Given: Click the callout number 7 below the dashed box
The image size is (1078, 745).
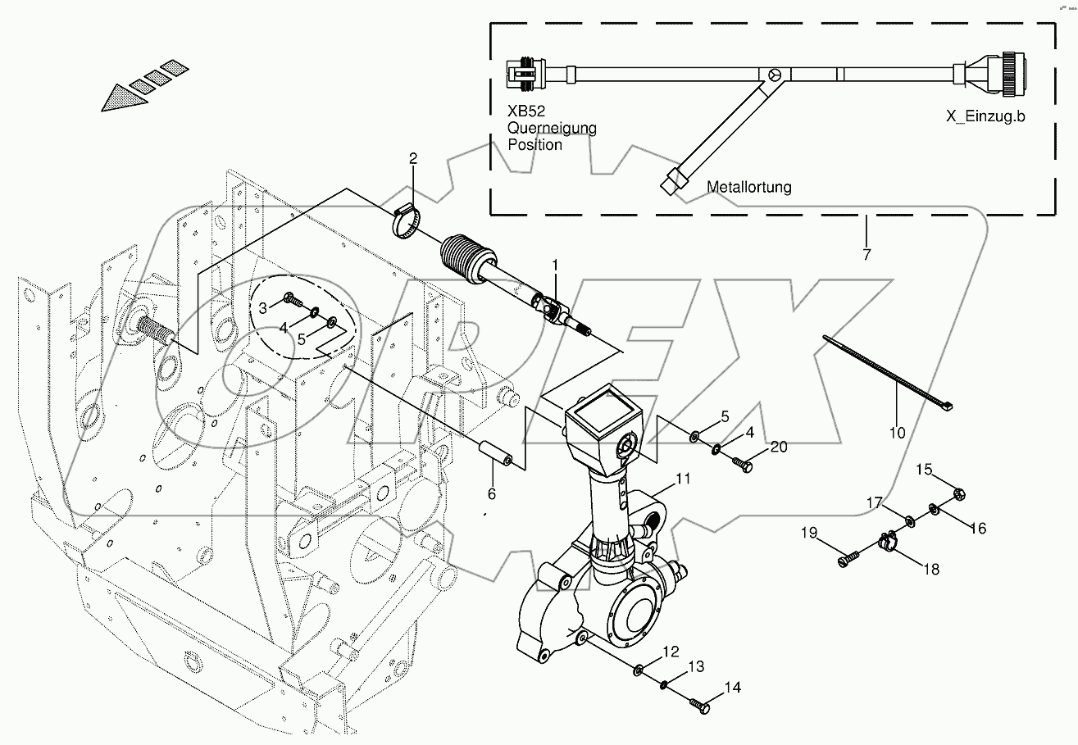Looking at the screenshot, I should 866,254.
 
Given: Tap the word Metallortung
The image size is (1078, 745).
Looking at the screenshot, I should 749,187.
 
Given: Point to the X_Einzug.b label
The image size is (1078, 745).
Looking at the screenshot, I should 985,116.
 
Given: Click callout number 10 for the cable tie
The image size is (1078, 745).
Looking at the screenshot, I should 898,432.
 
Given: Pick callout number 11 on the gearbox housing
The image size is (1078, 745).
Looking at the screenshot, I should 683,478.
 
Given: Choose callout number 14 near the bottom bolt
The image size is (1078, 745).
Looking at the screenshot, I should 732,688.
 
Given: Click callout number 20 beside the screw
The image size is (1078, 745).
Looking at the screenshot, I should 778,447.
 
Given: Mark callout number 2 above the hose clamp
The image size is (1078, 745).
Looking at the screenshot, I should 413,157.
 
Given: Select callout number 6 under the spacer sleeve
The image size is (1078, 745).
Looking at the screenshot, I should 492,493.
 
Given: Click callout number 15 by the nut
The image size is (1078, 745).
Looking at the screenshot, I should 924,470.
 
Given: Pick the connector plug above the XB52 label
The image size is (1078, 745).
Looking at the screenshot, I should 525,73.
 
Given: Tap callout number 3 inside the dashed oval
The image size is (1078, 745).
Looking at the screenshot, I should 262,307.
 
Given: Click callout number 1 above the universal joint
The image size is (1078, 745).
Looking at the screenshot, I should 555,266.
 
